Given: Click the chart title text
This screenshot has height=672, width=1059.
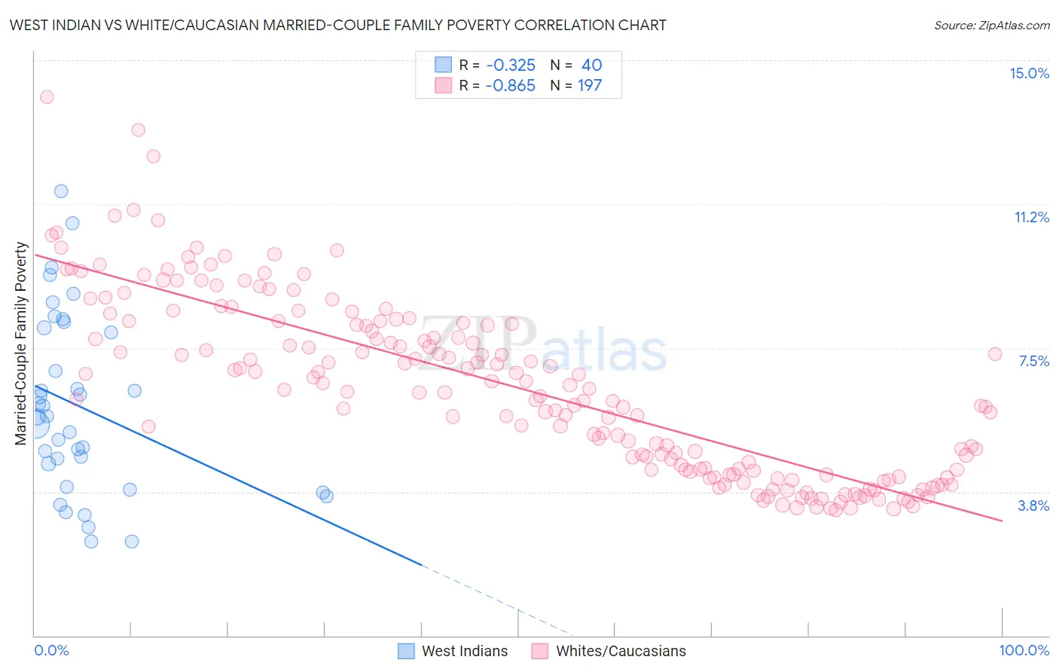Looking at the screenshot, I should pyautogui.click(x=337, y=26).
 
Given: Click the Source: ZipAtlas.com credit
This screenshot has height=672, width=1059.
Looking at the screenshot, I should pyautogui.click(x=991, y=26).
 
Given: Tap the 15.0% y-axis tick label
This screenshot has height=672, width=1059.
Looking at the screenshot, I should pyautogui.click(x=1029, y=73).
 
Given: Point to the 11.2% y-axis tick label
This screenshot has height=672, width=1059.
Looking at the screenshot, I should pyautogui.click(x=1031, y=217).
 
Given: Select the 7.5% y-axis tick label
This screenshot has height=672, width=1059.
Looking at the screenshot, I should pyautogui.click(x=1033, y=361).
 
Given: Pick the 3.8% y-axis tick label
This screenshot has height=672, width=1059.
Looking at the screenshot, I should pyautogui.click(x=1033, y=506).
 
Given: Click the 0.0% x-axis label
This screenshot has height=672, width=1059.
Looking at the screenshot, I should pyautogui.click(x=51, y=650).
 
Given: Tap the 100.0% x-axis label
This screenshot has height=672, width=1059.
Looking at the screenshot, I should pyautogui.click(x=1024, y=650).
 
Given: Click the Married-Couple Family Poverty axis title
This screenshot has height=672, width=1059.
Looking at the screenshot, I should pyautogui.click(x=21, y=344).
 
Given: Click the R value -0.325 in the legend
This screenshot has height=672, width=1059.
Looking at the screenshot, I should pyautogui.click(x=511, y=66).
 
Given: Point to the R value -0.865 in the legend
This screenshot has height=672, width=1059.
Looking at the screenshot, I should pyautogui.click(x=511, y=86).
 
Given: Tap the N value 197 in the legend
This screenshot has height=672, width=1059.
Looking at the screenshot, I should pyautogui.click(x=590, y=86).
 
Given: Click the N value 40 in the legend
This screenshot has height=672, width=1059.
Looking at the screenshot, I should pyautogui.click(x=591, y=66).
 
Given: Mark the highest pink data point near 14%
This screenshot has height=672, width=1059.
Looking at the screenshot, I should pyautogui.click(x=47, y=97).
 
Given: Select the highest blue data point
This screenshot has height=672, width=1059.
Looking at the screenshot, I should pyautogui.click(x=61, y=191).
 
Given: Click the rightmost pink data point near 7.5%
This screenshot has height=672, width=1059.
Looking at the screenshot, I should pyautogui.click(x=994, y=354).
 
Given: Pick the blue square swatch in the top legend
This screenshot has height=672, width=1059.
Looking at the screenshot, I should pyautogui.click(x=444, y=65).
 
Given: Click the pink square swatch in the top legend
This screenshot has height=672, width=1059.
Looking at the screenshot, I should pyautogui.click(x=444, y=85).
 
